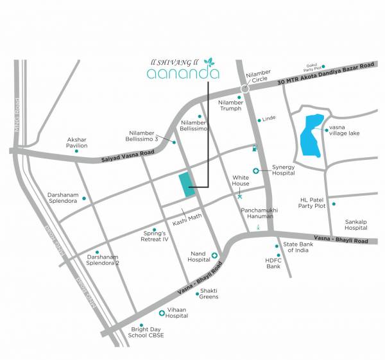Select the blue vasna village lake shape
[311, 135]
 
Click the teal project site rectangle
[185, 185]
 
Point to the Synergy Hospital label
[282, 169]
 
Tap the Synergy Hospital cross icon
[255, 171]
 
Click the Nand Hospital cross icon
[215, 255]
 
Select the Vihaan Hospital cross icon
[162, 313]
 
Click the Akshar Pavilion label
[77, 142]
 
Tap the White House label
[241, 180]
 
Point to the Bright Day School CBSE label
[145, 339]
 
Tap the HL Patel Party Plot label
[313, 203]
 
